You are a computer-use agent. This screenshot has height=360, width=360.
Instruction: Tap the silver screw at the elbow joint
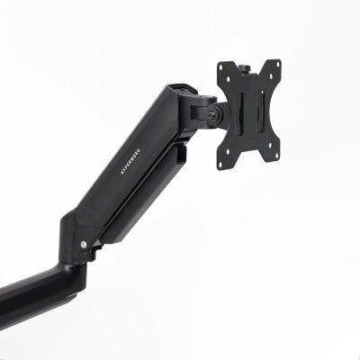pyautogui.click(x=84, y=244)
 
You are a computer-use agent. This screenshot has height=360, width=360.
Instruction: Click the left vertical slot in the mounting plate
pyautogui.click(x=237, y=116)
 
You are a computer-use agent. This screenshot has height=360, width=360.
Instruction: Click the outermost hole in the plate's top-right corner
pyautogui.click(x=275, y=64)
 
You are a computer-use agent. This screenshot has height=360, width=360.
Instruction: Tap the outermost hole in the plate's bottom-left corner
pyautogui.click(x=224, y=163)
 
